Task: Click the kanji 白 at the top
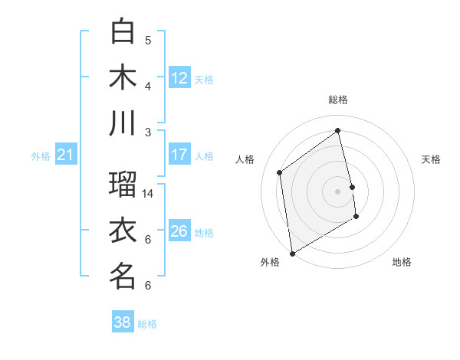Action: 123,31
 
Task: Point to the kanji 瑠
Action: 123,185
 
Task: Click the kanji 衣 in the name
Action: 123,231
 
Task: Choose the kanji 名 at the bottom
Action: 123,277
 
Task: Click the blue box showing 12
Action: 179,77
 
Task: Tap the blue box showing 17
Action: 179,155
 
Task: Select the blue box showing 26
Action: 179,231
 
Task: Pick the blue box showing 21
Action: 65,155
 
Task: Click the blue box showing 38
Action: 123,322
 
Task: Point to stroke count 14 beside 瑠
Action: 148,194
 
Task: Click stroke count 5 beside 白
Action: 148,41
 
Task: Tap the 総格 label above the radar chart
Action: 338,100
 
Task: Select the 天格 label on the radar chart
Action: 431,159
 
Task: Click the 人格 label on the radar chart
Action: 245,159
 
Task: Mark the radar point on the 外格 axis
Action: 292,254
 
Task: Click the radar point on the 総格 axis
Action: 338,130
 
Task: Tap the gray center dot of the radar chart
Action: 338,191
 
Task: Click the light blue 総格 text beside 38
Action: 147,324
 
